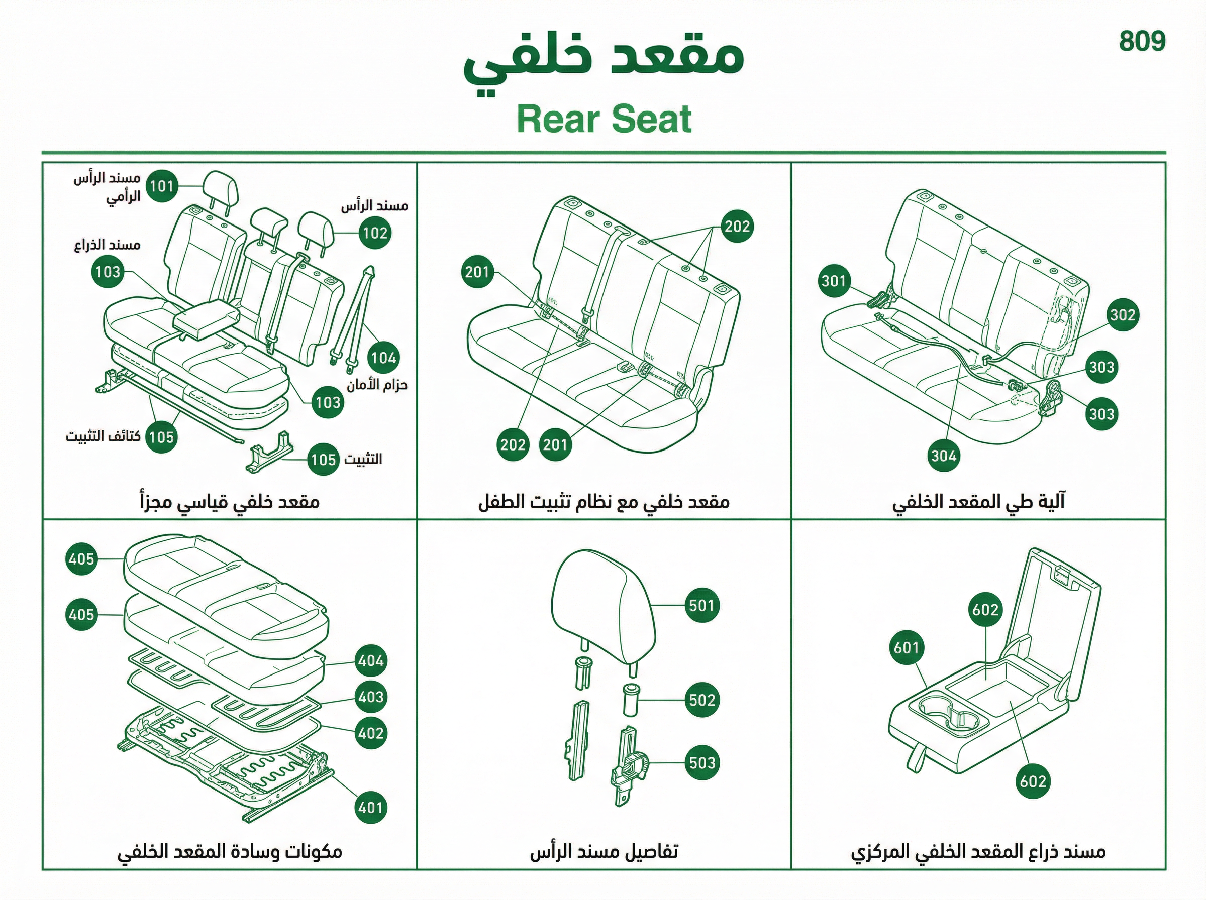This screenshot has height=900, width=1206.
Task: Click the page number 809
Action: [x=1142, y=41]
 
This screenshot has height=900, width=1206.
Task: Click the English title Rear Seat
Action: [x=604, y=120]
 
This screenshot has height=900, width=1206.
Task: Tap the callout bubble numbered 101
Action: [x=162, y=186]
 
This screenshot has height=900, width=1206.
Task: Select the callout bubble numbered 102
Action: [x=375, y=233]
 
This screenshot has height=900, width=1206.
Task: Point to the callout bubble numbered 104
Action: [x=383, y=358]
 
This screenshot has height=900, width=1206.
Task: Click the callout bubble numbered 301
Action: [x=834, y=281]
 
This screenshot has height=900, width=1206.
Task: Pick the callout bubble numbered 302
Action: [x=1123, y=315]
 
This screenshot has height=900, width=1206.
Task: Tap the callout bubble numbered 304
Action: [x=944, y=456]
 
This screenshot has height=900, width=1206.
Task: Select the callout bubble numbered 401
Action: [x=370, y=807]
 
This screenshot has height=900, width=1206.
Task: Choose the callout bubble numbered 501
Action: [x=701, y=605]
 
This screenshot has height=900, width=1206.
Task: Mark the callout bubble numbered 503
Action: [x=702, y=763]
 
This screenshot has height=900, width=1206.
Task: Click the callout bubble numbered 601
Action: [x=907, y=647]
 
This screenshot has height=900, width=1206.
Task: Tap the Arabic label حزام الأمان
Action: [x=377, y=385]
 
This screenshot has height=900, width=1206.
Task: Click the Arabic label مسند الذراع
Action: [x=108, y=245]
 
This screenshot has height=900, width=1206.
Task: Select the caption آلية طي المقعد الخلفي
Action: [x=978, y=502]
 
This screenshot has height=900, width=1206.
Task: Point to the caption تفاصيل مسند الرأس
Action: [x=604, y=851]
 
